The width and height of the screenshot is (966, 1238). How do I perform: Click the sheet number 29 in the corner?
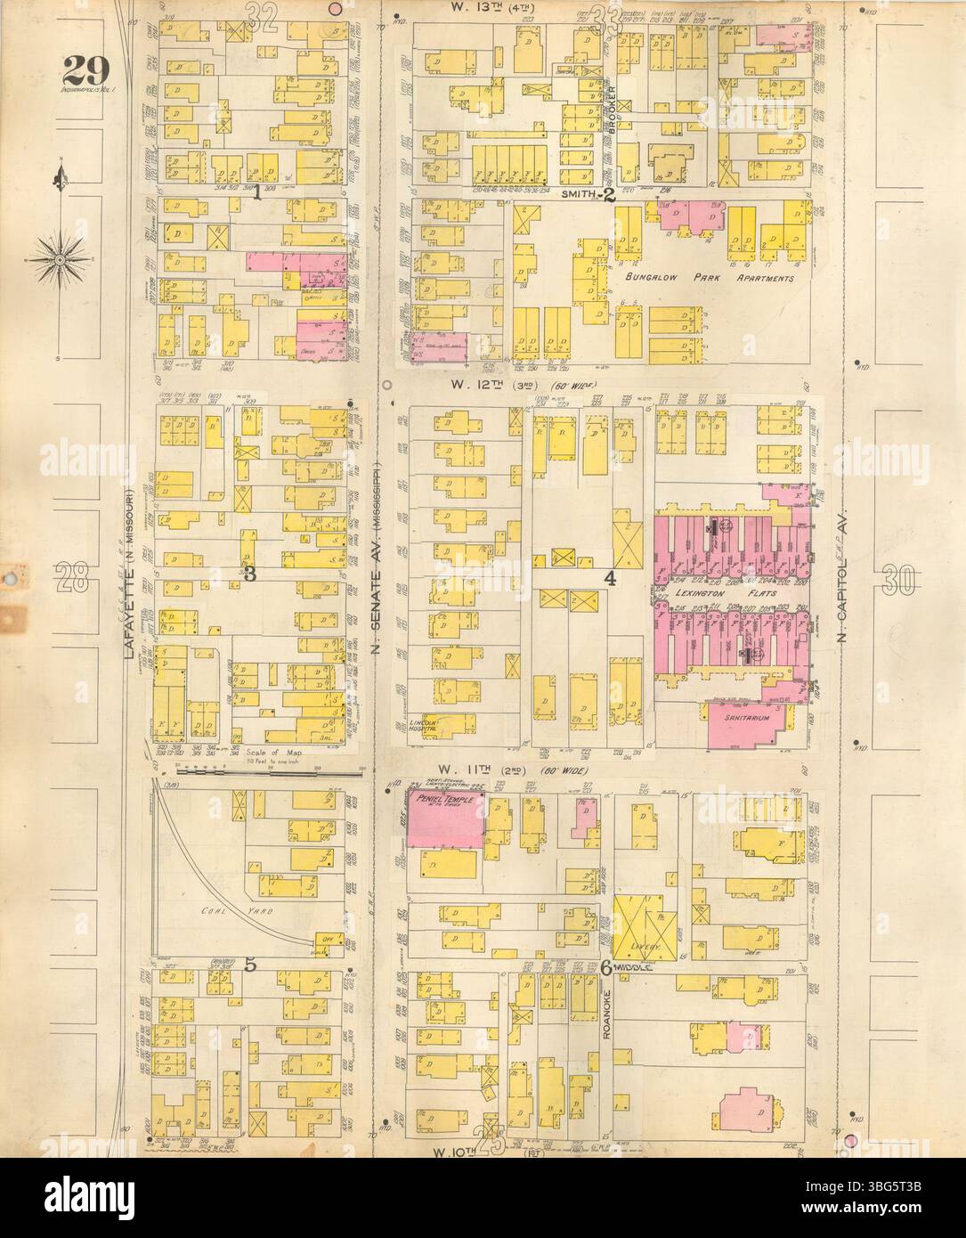85,68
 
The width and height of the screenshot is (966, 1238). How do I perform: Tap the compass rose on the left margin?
60,259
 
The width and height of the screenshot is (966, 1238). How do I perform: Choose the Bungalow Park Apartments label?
707,278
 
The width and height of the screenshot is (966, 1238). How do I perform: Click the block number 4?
610,579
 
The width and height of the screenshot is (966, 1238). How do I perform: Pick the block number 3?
250,575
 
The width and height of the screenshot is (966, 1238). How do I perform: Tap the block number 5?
250,964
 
